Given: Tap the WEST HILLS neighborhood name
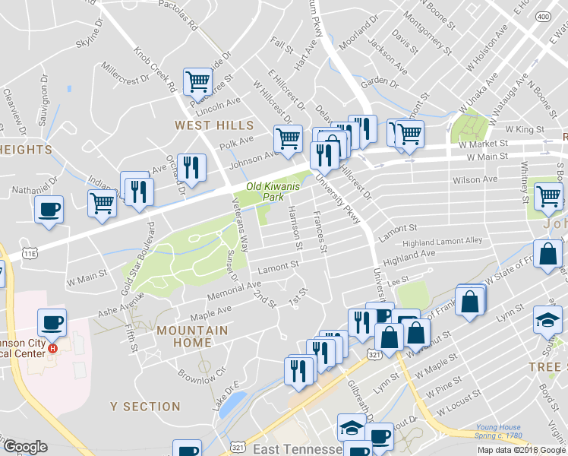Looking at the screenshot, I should pyautogui.click(x=214, y=125).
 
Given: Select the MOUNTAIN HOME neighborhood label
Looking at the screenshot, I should pyautogui.click(x=192, y=337).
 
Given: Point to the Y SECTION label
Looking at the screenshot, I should pyautogui.click(x=145, y=407).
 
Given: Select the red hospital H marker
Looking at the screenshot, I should pyautogui.click(x=53, y=349).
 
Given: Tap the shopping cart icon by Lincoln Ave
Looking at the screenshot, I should pyautogui.click(x=197, y=80).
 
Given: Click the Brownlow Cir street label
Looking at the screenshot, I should pyautogui.click(x=201, y=375).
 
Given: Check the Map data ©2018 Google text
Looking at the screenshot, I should pyautogui.click(x=521, y=449).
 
